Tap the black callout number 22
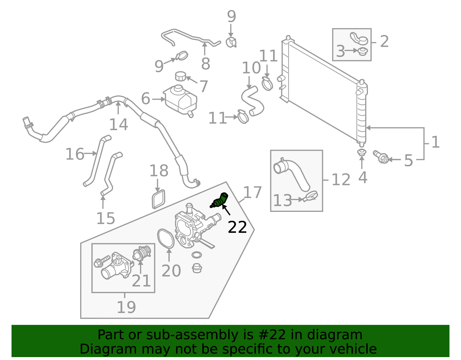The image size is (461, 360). tap(237, 227)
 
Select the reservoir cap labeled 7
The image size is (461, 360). tap(181, 77)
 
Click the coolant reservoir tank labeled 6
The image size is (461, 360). tap(181, 100)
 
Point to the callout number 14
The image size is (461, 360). tap(118, 125)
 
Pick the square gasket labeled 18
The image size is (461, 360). tap(159, 199)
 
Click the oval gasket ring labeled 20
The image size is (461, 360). tap(166, 238)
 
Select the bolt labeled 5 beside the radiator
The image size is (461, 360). tap(381, 157)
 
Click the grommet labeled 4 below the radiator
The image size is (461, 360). tap(362, 152)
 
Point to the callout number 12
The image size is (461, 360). tap(341, 180)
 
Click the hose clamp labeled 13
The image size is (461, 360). tap(311, 197)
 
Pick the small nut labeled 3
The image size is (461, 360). tap(362, 52)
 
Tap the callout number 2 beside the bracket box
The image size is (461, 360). tap(384, 42)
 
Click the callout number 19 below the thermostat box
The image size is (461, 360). tap(126, 307)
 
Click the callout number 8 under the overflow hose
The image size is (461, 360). tap(205, 64)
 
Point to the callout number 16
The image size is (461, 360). tap(75, 154)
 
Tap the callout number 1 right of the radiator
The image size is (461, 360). tap(435, 142)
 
